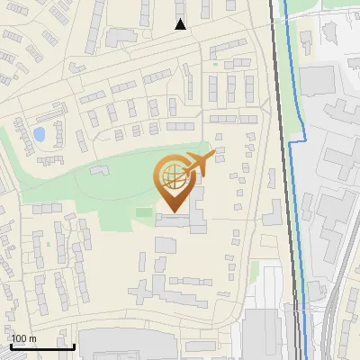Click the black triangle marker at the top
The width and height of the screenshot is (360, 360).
pyautogui.click(x=180, y=24)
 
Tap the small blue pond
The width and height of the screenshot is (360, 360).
pyautogui.click(x=39, y=135)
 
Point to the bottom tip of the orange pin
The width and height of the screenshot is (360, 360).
pyautogui.click(x=174, y=212)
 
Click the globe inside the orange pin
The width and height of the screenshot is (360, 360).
pyautogui.click(x=174, y=176)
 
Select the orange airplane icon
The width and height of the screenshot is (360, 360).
pyautogui.click(x=201, y=163)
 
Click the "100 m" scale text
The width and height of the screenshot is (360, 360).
pyautogui.click(x=23, y=339)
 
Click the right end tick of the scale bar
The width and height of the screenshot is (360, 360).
pyautogui.click(x=74, y=344)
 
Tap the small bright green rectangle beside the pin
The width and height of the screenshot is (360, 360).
pyautogui.click(x=144, y=212)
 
